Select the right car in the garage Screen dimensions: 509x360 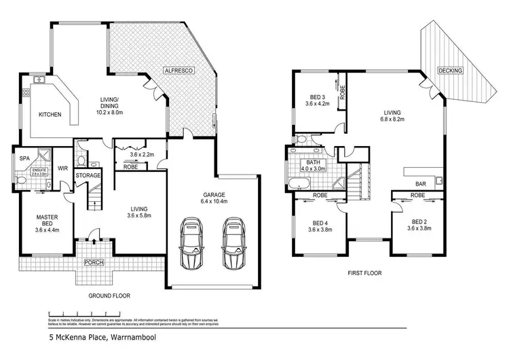tap(232, 243)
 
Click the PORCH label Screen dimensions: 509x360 tap(94, 262)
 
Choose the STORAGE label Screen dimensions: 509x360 tap(88, 175)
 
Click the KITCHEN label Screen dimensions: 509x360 tap(50, 114)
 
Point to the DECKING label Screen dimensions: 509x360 tap(451, 71)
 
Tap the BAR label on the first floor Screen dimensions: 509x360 tap(421, 183)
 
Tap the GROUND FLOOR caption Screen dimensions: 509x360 tap(109, 295)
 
